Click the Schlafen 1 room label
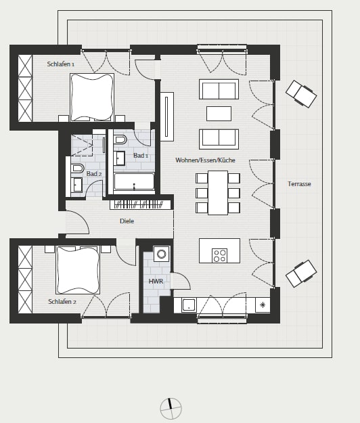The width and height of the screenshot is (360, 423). [x=61, y=64]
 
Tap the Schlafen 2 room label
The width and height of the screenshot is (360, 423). [x=62, y=302]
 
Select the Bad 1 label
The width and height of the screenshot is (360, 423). [x=141, y=156]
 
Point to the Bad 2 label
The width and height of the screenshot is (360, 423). [x=94, y=174]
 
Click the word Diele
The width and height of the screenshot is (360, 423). [x=127, y=221]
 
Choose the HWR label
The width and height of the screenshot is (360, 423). [x=156, y=281]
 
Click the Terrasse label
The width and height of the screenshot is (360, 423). [x=299, y=184]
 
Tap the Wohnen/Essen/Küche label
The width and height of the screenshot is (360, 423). [x=205, y=160]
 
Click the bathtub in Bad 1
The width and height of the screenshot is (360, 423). [x=134, y=181]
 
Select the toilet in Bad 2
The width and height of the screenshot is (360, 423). [x=77, y=169]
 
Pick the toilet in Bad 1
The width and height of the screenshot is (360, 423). [x=120, y=139]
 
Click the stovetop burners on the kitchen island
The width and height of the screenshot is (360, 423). [x=219, y=256]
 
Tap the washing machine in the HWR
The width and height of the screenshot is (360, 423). [x=162, y=254]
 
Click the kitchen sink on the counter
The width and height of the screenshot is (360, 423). [x=189, y=305]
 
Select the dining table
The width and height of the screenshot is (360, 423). [x=218, y=193]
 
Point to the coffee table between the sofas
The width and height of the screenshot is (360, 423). [x=219, y=114]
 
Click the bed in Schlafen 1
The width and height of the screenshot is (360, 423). [x=92, y=97]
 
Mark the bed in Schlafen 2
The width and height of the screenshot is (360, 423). [x=78, y=270]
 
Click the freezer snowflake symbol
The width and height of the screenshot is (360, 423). [x=263, y=305]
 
